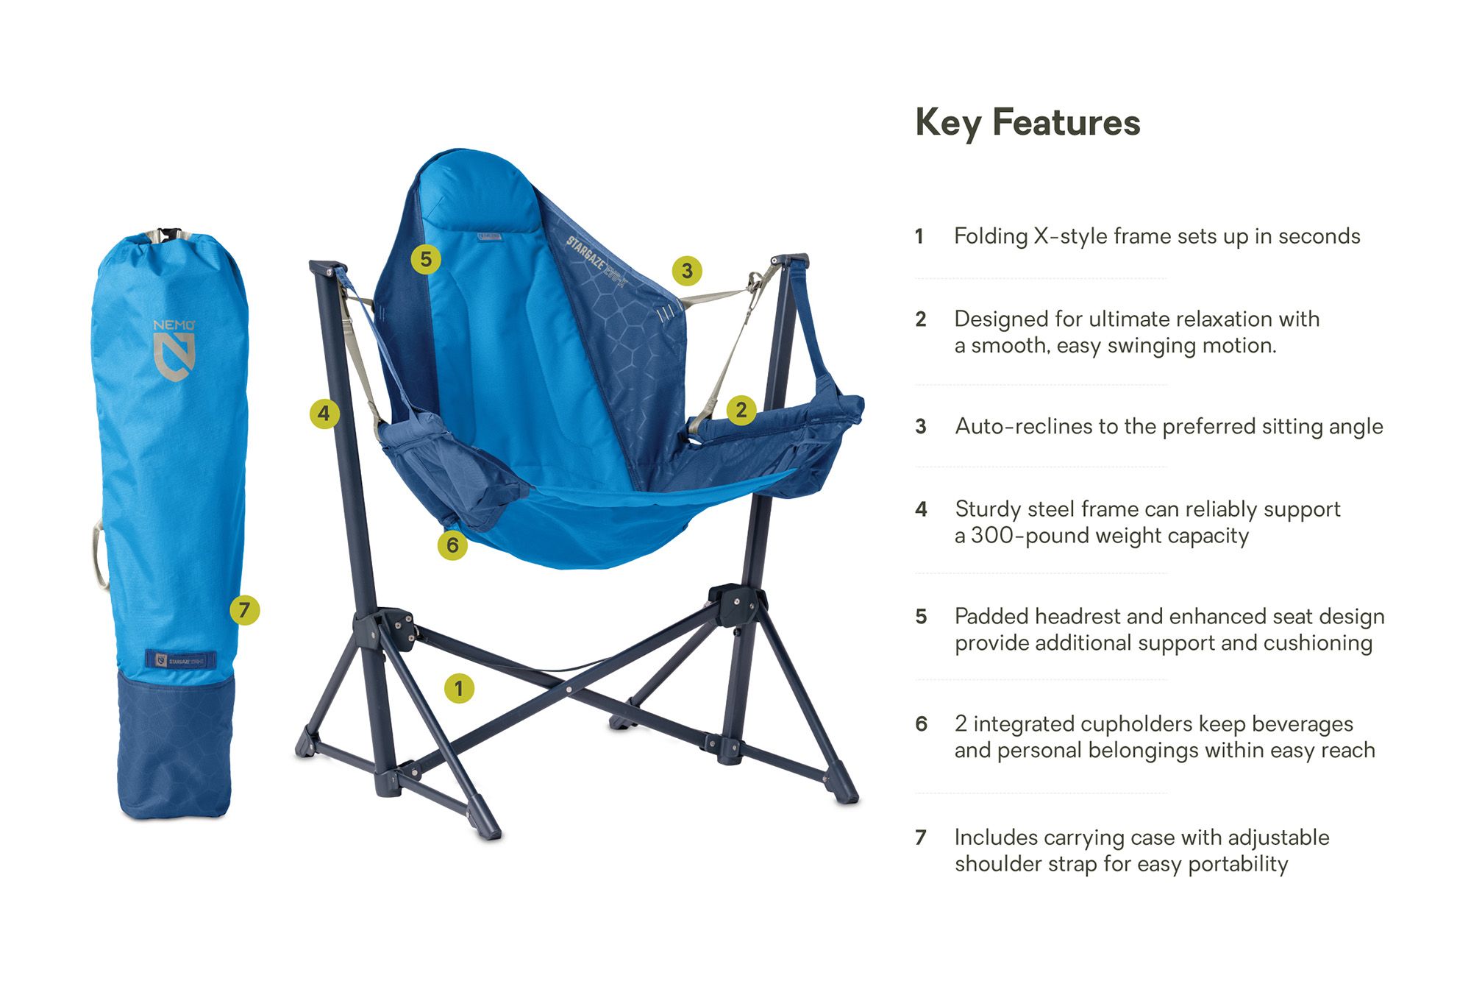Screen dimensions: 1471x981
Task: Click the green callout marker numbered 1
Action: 459,688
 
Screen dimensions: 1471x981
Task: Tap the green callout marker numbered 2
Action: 741,410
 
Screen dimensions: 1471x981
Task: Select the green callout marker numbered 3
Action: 687,271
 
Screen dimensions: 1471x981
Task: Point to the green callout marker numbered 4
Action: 324,414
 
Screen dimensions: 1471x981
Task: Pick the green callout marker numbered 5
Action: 426,259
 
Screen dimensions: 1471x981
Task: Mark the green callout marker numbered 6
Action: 452,545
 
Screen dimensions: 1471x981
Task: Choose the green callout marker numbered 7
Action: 244,610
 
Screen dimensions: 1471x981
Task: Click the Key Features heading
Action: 1027,123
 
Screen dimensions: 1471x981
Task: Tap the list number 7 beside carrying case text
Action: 920,837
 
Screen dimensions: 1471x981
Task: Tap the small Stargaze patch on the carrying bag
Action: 181,659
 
